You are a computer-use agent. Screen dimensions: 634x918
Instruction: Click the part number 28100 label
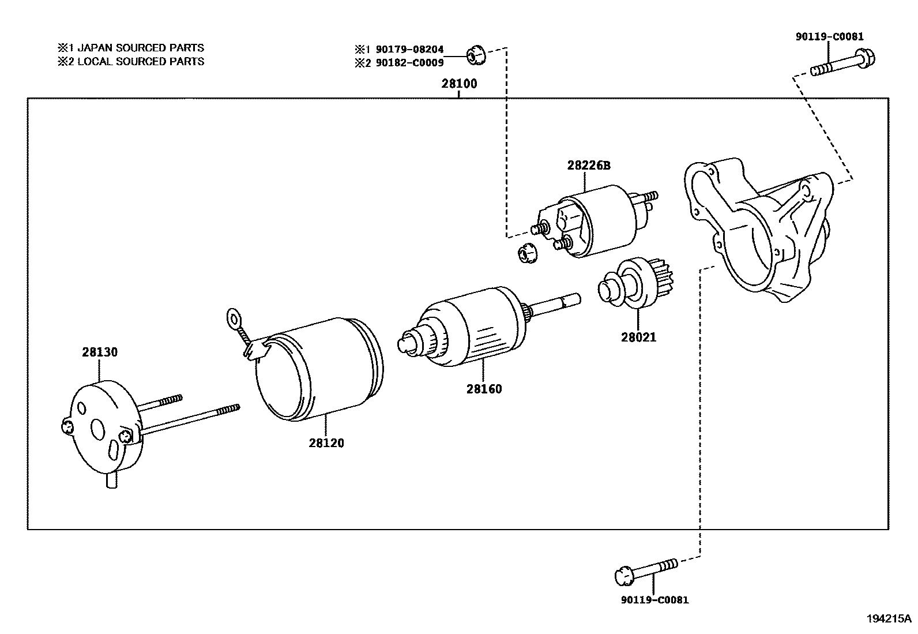click(459, 84)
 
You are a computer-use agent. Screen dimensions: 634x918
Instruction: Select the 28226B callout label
click(588, 166)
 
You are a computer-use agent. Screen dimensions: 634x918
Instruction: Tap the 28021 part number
click(638, 337)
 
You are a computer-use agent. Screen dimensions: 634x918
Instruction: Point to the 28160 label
click(484, 389)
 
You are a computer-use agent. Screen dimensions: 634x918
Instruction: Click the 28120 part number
click(326, 443)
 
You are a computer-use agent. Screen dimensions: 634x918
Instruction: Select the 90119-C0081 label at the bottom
click(654, 600)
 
